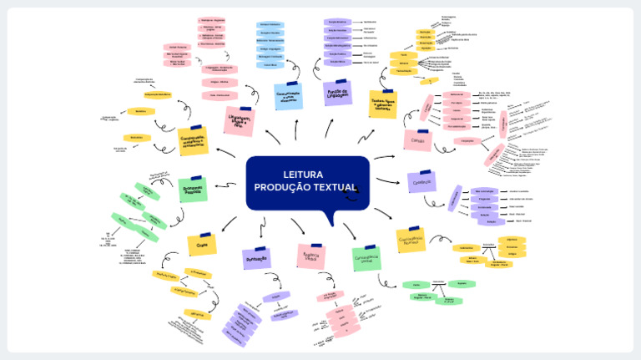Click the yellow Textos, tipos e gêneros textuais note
click(x=382, y=104)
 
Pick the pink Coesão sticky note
click(x=417, y=140)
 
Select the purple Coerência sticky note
click(x=421, y=181)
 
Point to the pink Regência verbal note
click(x=310, y=256)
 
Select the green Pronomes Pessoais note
click(x=193, y=190)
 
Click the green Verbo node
click(x=416, y=285)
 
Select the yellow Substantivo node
click(x=464, y=247)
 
